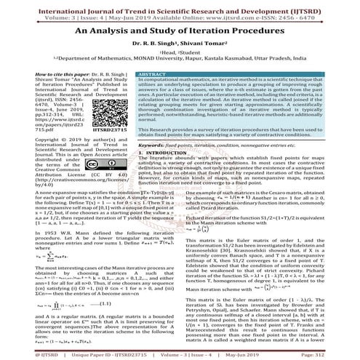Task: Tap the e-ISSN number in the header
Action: (x=313, y=13)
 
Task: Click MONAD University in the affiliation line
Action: (x=167, y=64)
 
